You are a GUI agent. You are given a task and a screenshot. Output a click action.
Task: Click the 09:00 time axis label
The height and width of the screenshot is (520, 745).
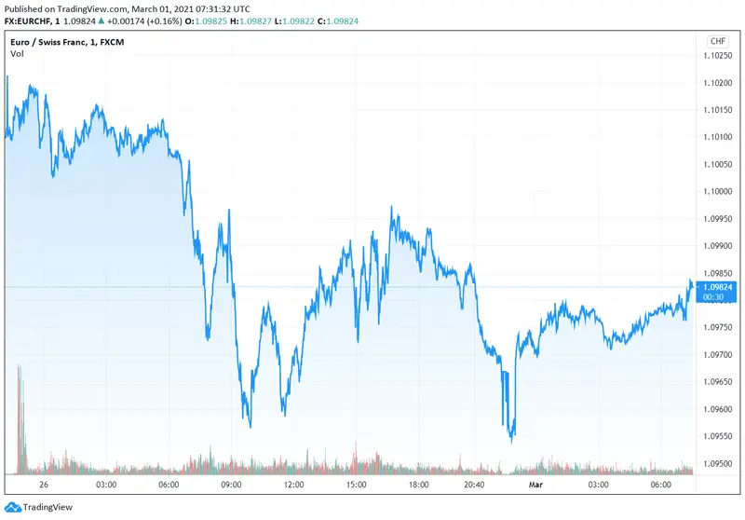[x=231, y=485]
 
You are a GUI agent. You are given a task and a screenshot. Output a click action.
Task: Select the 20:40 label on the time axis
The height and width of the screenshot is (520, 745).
[x=472, y=485]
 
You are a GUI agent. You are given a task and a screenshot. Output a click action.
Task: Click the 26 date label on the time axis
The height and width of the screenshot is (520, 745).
[x=44, y=485]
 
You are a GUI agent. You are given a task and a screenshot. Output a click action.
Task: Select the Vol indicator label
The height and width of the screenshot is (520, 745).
[x=17, y=54]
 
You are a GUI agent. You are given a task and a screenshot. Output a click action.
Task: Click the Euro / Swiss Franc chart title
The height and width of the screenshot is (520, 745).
[x=52, y=42]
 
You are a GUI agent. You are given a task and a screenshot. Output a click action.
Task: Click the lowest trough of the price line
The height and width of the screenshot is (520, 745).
[x=511, y=440]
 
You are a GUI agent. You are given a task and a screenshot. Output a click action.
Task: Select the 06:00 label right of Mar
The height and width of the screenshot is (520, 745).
[x=660, y=485]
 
